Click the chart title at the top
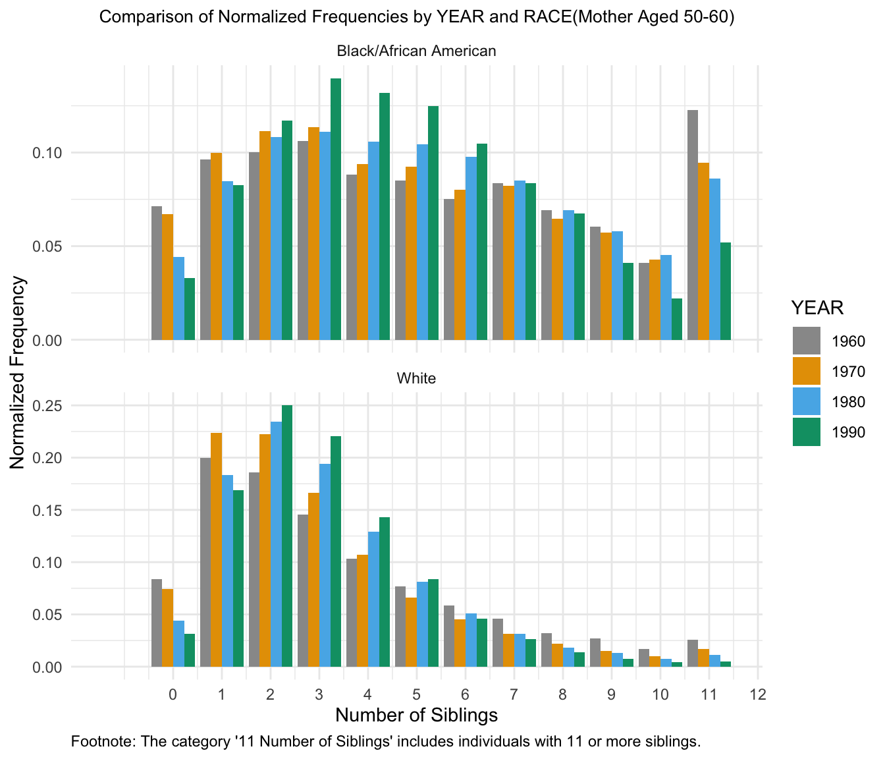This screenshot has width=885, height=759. pyautogui.click(x=416, y=18)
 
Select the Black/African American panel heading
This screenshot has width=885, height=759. pyautogui.click(x=416, y=51)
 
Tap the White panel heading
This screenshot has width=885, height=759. pyautogui.click(x=416, y=378)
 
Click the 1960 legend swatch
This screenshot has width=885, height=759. pyautogui.click(x=807, y=341)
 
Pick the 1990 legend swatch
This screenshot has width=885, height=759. pyautogui.click(x=807, y=432)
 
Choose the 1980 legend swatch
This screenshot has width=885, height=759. pyautogui.click(x=807, y=401)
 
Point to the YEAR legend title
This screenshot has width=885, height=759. pyautogui.click(x=817, y=308)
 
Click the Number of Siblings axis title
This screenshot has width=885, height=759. pyautogui.click(x=416, y=715)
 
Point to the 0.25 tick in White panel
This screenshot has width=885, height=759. pyautogui.click(x=48, y=406)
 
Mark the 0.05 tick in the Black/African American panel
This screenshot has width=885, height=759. pyautogui.click(x=48, y=246)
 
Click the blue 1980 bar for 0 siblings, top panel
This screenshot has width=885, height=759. pyautogui.click(x=178, y=298)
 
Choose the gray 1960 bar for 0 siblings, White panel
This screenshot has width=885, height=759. pyautogui.click(x=157, y=623)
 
